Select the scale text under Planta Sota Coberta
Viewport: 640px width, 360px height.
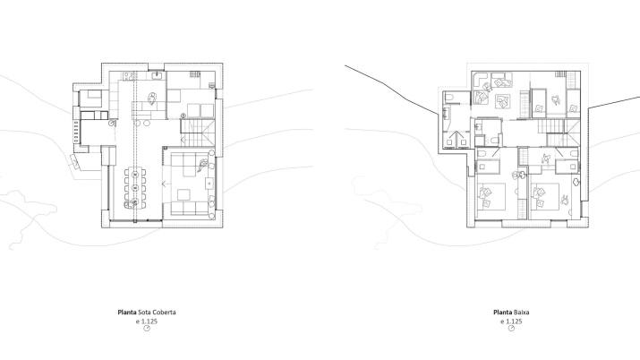(146, 321)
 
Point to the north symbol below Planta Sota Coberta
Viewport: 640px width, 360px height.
(146, 329)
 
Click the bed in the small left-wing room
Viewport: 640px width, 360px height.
(91, 99)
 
